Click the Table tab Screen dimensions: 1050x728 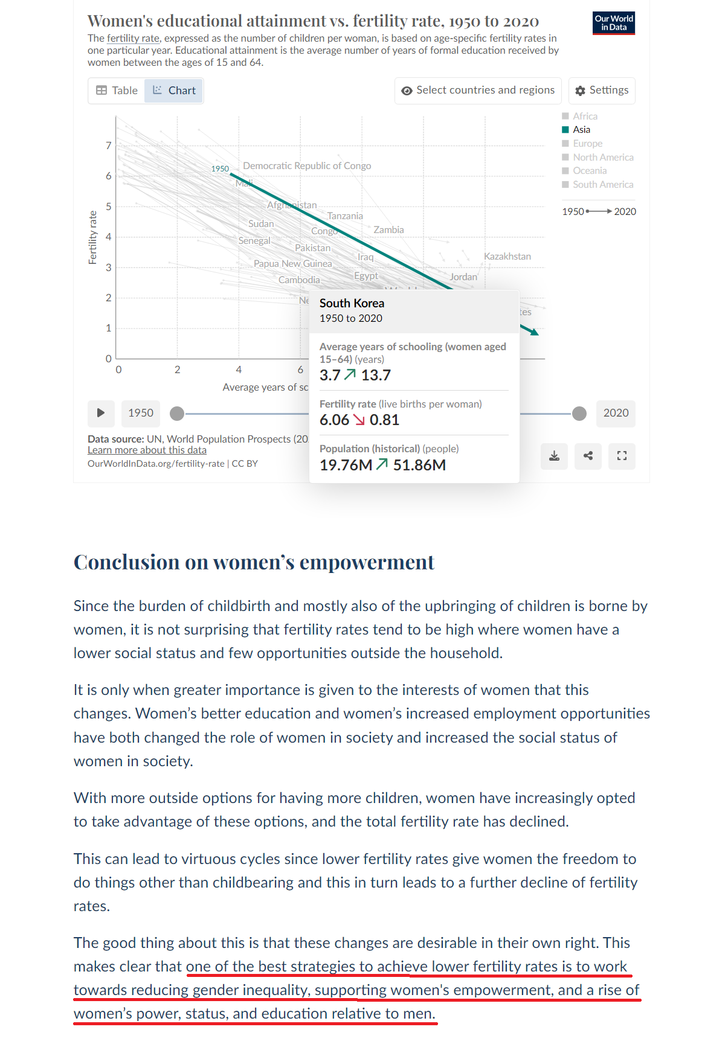117,91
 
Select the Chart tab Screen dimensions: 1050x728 174,91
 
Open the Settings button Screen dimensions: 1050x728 602,91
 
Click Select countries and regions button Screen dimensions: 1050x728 478,91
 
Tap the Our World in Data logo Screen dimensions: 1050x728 613,23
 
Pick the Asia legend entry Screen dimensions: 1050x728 581,130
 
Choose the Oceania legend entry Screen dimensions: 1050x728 589,171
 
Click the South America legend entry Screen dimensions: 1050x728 602,185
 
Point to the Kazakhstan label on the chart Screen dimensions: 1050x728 507,257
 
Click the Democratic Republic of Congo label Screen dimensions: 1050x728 307,166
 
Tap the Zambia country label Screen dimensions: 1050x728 388,230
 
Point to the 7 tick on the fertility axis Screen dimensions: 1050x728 109,146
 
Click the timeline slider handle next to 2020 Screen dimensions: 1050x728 579,414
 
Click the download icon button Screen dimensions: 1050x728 554,456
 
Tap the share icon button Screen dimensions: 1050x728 588,456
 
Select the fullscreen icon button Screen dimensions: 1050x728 622,456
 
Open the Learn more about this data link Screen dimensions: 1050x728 147,450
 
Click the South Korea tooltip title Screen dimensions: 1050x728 352,303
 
